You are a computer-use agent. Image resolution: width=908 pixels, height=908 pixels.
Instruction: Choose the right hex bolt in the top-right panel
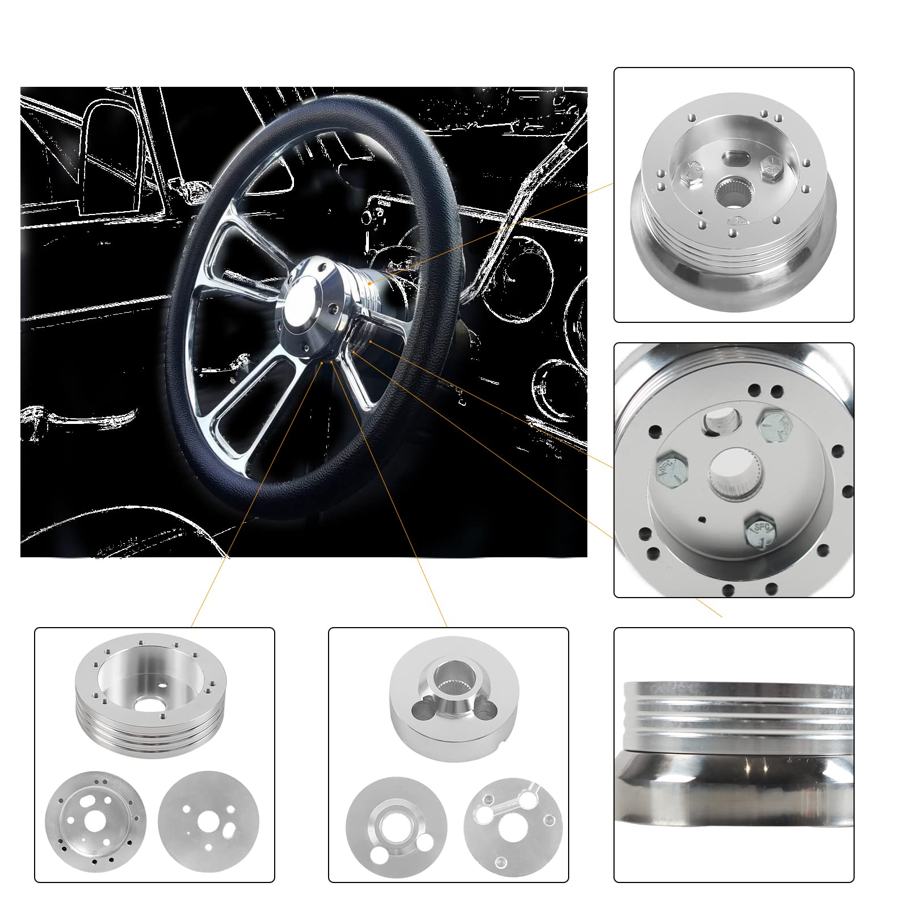772,168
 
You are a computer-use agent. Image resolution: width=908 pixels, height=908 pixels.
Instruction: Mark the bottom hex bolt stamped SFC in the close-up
761,531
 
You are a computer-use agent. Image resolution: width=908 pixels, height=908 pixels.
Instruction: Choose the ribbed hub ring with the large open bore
150,698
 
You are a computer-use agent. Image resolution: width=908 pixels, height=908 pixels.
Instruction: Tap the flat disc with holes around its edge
95,822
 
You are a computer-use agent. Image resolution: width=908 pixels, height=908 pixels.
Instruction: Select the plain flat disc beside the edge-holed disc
208,821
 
